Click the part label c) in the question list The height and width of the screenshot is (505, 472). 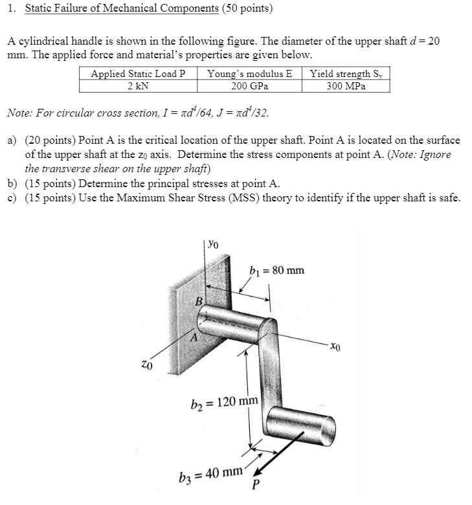[12, 197]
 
